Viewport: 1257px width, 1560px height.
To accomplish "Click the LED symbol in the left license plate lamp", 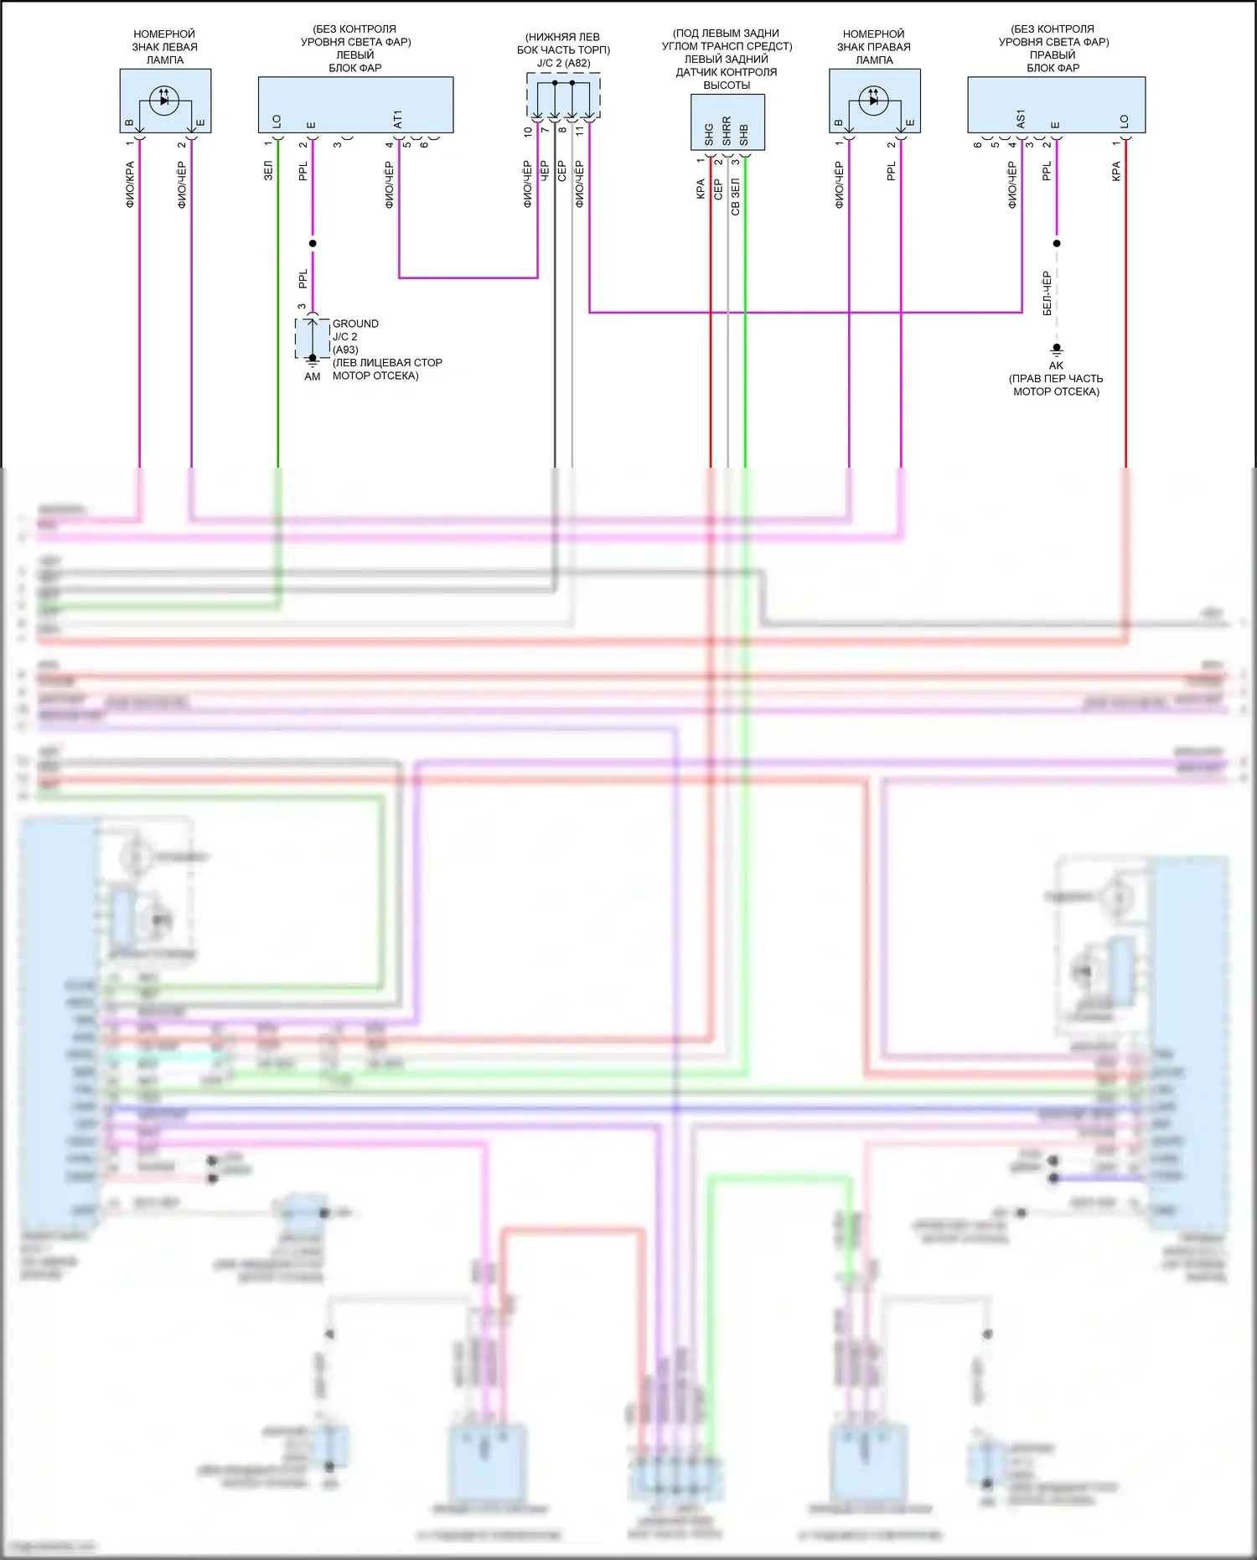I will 164,100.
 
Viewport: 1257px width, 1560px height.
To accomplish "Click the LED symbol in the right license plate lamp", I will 874,100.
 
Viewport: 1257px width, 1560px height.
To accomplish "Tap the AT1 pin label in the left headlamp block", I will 398,119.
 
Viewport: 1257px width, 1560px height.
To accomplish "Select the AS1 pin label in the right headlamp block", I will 1021,119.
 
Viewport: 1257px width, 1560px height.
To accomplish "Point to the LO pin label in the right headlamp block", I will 1125,122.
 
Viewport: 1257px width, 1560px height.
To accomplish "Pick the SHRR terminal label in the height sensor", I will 727,131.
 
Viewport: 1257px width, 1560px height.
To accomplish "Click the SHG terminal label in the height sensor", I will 709,134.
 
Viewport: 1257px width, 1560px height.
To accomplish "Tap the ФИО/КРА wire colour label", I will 130,184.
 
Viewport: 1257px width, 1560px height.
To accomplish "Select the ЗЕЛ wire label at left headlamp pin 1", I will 268,171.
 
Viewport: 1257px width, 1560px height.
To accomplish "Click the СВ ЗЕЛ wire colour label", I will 736,196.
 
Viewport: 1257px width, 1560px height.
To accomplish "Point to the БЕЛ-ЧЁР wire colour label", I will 1047,293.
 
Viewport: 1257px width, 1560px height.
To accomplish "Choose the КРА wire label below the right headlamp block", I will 1116,172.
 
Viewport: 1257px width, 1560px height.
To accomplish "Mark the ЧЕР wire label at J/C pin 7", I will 544,171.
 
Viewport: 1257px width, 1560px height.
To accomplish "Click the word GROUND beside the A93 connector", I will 355,324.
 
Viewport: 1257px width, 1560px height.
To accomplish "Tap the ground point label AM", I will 313,376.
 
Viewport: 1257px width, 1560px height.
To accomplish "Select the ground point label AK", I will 1056,365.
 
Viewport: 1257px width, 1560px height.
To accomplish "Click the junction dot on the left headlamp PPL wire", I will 313,243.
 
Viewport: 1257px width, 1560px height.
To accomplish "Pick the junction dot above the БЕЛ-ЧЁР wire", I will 1057,243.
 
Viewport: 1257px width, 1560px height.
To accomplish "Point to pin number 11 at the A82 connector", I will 580,131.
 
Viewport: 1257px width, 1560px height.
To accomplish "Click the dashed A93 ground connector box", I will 313,338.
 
